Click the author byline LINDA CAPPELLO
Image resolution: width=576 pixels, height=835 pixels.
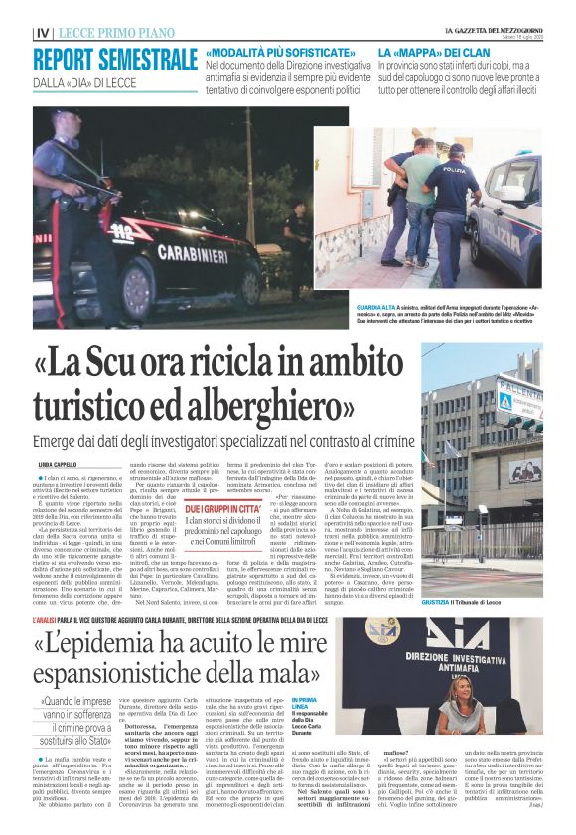pos(57,465)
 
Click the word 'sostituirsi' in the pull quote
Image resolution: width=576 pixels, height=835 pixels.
pos(83,739)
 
